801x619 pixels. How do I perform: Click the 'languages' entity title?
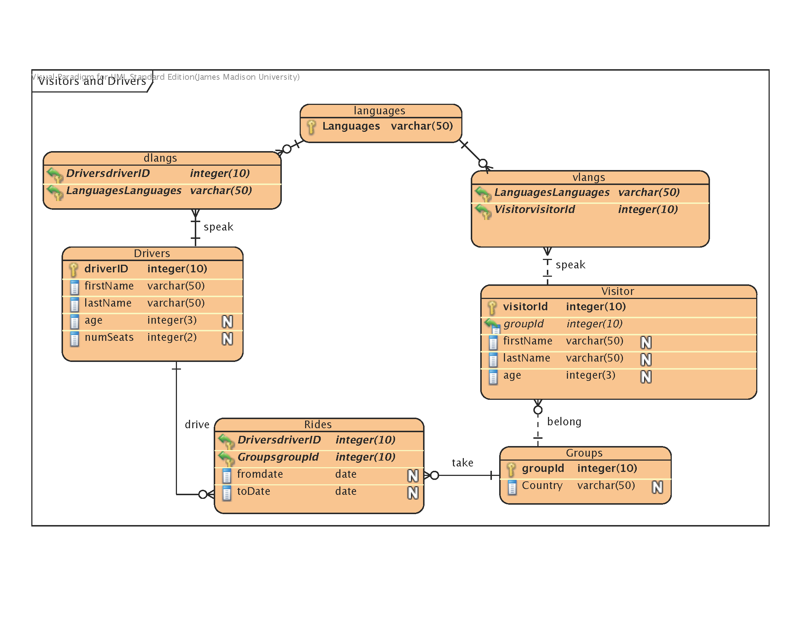pyautogui.click(x=379, y=110)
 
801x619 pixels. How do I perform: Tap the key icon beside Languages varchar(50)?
pyautogui.click(x=311, y=127)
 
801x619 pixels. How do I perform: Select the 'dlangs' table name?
pyautogui.click(x=160, y=158)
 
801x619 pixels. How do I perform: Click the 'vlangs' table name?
pyautogui.click(x=589, y=177)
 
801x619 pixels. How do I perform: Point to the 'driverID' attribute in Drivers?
pyautogui.click(x=106, y=268)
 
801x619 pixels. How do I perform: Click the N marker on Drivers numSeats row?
pyautogui.click(x=228, y=339)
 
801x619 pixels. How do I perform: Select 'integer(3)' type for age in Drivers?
pyautogui.click(x=171, y=320)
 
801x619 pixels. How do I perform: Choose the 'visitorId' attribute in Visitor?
pyautogui.click(x=525, y=306)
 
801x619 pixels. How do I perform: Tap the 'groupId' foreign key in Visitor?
pyautogui.click(x=523, y=324)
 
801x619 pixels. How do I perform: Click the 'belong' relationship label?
pyautogui.click(x=564, y=421)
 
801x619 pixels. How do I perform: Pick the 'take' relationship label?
pyautogui.click(x=462, y=462)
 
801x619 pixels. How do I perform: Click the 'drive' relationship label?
pyautogui.click(x=197, y=424)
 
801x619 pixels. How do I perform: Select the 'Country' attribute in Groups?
pyautogui.click(x=542, y=485)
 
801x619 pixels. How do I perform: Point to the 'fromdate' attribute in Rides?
pyautogui.click(x=260, y=474)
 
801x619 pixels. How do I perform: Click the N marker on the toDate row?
pyautogui.click(x=413, y=493)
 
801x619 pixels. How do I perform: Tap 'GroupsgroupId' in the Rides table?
pyautogui.click(x=278, y=457)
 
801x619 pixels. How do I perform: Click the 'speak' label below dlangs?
pyautogui.click(x=218, y=227)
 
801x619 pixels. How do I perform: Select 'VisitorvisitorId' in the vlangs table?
pyautogui.click(x=534, y=209)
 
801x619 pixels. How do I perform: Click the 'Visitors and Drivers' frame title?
pyautogui.click(x=92, y=81)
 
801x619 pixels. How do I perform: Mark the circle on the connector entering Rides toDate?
pyautogui.click(x=202, y=494)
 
